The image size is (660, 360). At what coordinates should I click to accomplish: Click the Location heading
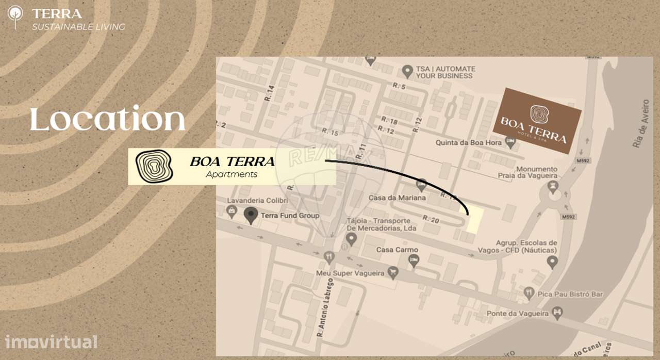pyautogui.click(x=107, y=119)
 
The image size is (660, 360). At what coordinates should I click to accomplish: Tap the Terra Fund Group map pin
pyautogui.click(x=251, y=215)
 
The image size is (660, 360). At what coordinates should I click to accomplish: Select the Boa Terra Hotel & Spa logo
pyautogui.click(x=537, y=121)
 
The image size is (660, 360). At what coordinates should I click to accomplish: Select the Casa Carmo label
pyautogui.click(x=397, y=250)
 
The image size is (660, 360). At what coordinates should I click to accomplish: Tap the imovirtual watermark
pyautogui.click(x=51, y=341)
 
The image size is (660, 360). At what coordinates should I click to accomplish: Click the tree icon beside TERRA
pyautogui.click(x=15, y=17)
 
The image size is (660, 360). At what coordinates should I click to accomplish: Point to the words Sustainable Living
pyautogui.click(x=78, y=27)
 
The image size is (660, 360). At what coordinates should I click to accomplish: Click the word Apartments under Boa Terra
pyautogui.click(x=232, y=174)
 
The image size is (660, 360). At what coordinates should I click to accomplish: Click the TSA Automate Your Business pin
pyautogui.click(x=408, y=70)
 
